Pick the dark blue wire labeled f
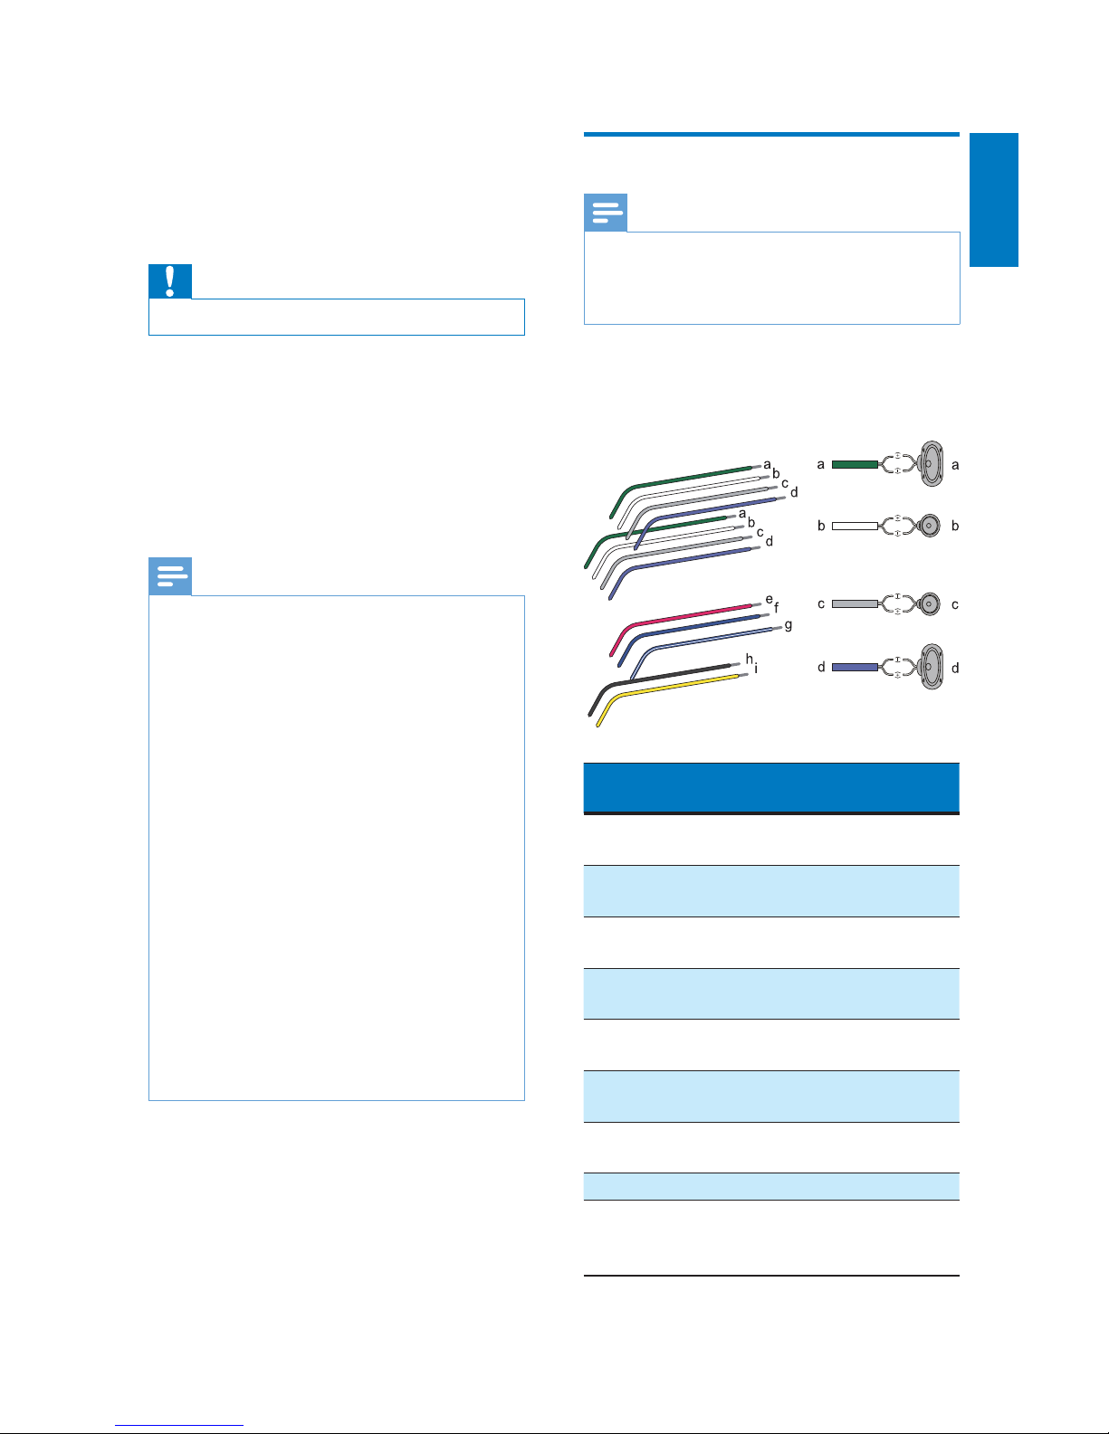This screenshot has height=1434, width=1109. (x=697, y=626)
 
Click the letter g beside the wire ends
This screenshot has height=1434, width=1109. (x=789, y=625)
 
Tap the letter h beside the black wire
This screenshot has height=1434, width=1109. (x=749, y=658)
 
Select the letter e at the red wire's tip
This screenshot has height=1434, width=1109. (x=769, y=599)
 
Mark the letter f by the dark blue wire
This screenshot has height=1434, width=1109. (x=776, y=608)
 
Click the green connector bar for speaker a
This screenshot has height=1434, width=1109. (x=855, y=464)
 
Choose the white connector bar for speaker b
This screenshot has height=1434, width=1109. (x=855, y=526)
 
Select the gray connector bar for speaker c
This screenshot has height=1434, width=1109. (x=855, y=603)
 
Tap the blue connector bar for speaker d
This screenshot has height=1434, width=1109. (x=855, y=667)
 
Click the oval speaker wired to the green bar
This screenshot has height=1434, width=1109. (x=932, y=463)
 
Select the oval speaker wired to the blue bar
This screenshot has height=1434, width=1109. (x=932, y=667)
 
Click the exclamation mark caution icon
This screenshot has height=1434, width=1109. (x=170, y=281)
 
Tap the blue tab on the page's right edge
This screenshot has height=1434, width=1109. (x=993, y=200)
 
